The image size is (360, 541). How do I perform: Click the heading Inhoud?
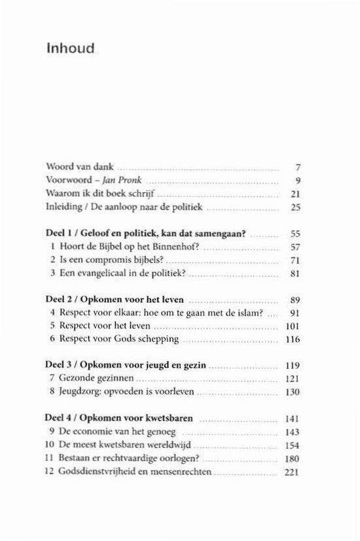click(71, 48)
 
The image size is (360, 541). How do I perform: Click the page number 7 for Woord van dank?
click(297, 167)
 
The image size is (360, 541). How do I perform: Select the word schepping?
click(158, 340)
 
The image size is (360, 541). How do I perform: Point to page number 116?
click(291, 340)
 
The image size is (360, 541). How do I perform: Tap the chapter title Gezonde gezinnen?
click(90, 379)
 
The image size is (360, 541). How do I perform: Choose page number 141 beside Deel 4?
click(291, 418)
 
